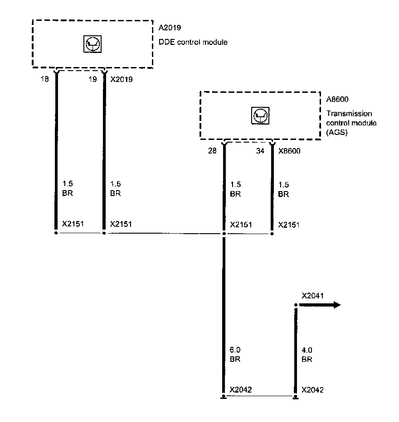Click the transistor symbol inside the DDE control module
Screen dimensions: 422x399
(92, 43)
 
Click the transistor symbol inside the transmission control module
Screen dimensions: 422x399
(260, 115)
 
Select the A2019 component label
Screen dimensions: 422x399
(170, 28)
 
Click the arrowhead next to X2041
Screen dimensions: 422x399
(336, 305)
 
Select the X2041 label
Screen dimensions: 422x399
(313, 296)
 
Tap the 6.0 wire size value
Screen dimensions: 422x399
(235, 350)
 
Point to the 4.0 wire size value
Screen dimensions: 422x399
(307, 350)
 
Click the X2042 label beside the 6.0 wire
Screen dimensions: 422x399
(241, 389)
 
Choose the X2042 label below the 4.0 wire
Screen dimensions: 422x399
(312, 389)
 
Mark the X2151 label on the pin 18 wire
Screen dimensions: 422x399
(73, 224)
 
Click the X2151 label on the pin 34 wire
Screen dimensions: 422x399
(289, 224)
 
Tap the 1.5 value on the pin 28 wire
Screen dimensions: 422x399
(235, 185)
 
